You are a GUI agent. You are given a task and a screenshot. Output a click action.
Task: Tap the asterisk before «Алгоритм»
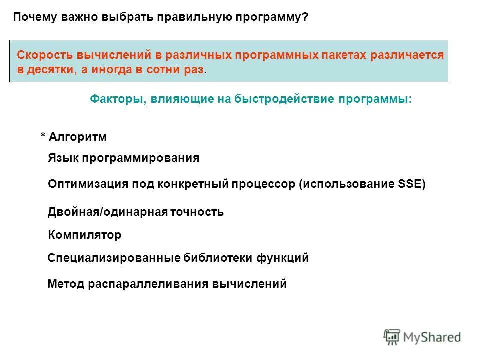tap(43, 137)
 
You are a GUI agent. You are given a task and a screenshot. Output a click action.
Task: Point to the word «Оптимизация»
tap(88, 184)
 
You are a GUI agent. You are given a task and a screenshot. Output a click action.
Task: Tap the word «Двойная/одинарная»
tap(99, 212)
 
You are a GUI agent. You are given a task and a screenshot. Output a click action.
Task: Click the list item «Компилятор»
tap(84, 235)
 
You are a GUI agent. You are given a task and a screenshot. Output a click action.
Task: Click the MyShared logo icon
tap(392, 337)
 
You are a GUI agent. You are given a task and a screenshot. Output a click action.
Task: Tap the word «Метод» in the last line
tap(65, 284)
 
